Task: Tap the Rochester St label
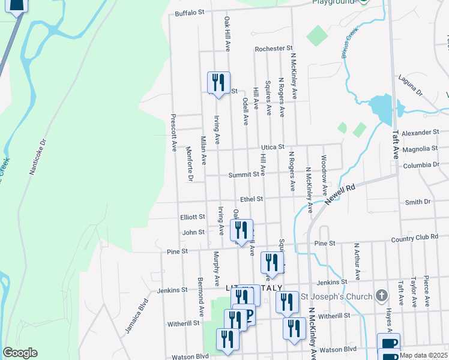point(273,48)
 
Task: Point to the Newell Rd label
point(340,196)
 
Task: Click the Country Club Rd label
point(414,237)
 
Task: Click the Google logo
point(20,353)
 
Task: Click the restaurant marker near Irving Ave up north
point(218,82)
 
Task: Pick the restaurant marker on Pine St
point(241,230)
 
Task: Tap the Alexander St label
point(420,132)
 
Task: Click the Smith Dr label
point(418,202)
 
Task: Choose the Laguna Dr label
point(411,86)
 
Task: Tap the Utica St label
point(271,146)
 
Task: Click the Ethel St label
point(252,199)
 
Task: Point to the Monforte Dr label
point(189,164)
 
